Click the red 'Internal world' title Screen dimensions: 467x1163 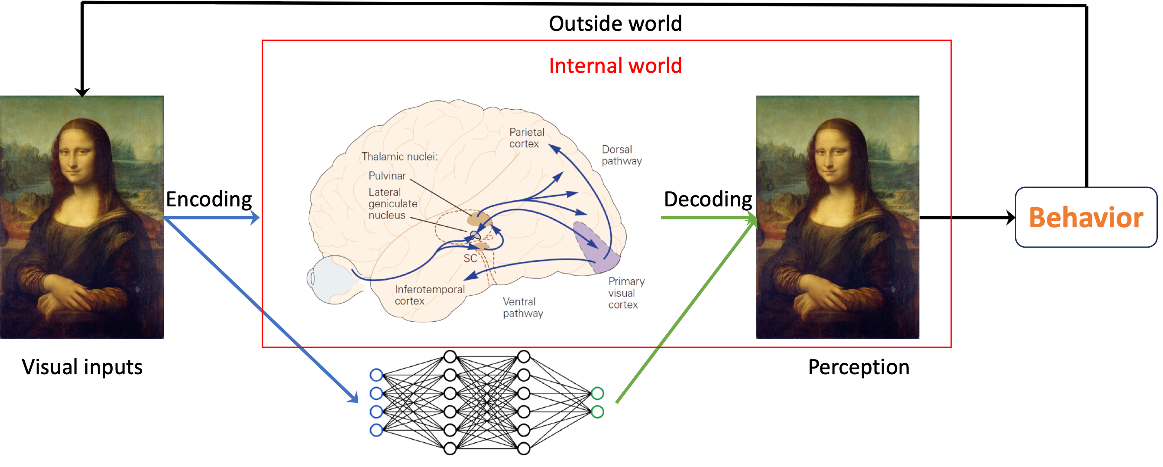(615, 66)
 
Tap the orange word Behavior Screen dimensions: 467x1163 (1086, 218)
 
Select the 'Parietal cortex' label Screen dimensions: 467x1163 (526, 138)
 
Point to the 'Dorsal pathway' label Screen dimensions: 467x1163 (621, 155)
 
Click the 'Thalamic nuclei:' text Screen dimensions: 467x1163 (399, 157)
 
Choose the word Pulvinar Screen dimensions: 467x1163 (387, 176)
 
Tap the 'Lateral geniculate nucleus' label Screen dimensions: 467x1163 (392, 204)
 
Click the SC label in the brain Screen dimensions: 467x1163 (470, 258)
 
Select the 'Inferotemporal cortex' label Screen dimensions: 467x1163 (429, 295)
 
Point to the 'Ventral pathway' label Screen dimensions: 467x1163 (523, 307)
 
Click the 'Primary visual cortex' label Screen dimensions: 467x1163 (626, 293)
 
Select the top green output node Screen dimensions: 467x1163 (597, 393)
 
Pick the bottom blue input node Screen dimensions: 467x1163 (376, 431)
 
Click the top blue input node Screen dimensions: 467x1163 (376, 375)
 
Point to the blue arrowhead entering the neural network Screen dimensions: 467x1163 (353, 398)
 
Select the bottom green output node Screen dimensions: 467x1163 (597, 412)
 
